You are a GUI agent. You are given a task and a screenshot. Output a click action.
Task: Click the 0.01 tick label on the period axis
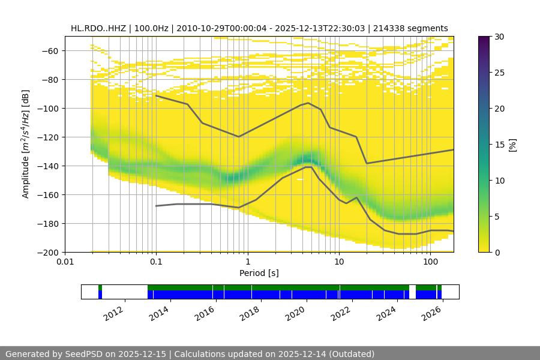pyautogui.click(x=65, y=262)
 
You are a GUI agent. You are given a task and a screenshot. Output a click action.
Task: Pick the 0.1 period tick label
pyautogui.click(x=156, y=262)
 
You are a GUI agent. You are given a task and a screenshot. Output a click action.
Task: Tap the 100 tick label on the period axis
pyautogui.click(x=430, y=262)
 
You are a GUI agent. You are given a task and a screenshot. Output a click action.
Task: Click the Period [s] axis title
pyautogui.click(x=259, y=273)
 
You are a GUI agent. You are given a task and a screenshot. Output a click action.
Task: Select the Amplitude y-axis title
pyautogui.click(x=25, y=144)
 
